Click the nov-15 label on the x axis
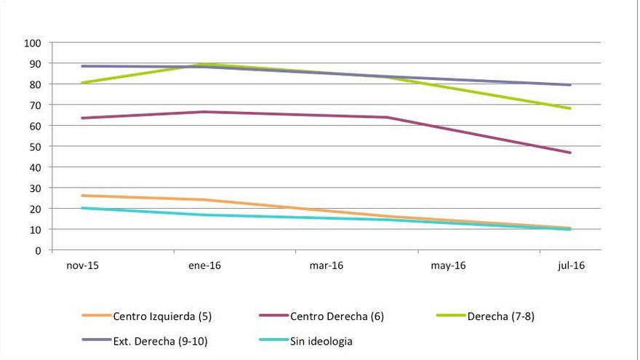(82, 265)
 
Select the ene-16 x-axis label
(204, 265)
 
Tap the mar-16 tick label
(326, 265)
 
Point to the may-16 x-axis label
(448, 265)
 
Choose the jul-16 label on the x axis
(570, 265)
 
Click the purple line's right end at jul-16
(570, 153)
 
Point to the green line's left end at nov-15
(82, 83)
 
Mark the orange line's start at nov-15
(82, 196)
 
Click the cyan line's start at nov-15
(82, 208)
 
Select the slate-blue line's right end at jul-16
(570, 85)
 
